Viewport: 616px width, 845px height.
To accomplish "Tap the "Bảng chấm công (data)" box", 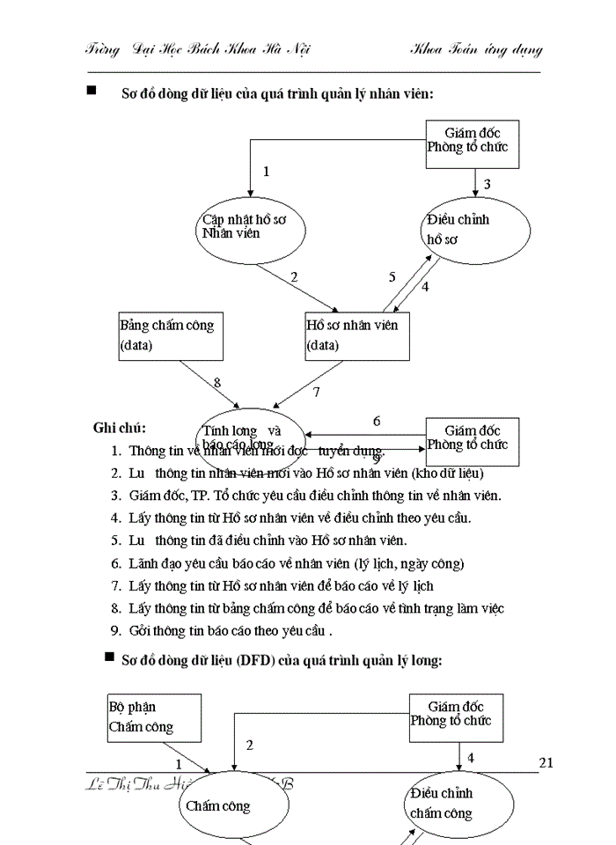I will (172, 335).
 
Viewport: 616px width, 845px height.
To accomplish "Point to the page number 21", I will (546, 762).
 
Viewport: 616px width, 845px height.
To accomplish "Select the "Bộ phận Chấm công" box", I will (154, 717).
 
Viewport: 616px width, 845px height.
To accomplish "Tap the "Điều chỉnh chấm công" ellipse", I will (458, 804).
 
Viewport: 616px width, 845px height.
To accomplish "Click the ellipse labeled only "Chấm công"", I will (229, 805).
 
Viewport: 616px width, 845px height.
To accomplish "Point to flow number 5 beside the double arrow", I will (392, 277).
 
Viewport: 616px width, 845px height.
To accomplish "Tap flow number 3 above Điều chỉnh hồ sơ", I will (487, 184).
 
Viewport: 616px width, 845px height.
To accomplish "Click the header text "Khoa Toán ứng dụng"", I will (475, 49).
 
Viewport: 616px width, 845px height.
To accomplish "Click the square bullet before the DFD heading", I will (109, 657).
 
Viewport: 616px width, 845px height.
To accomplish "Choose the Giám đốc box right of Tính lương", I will (472, 438).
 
